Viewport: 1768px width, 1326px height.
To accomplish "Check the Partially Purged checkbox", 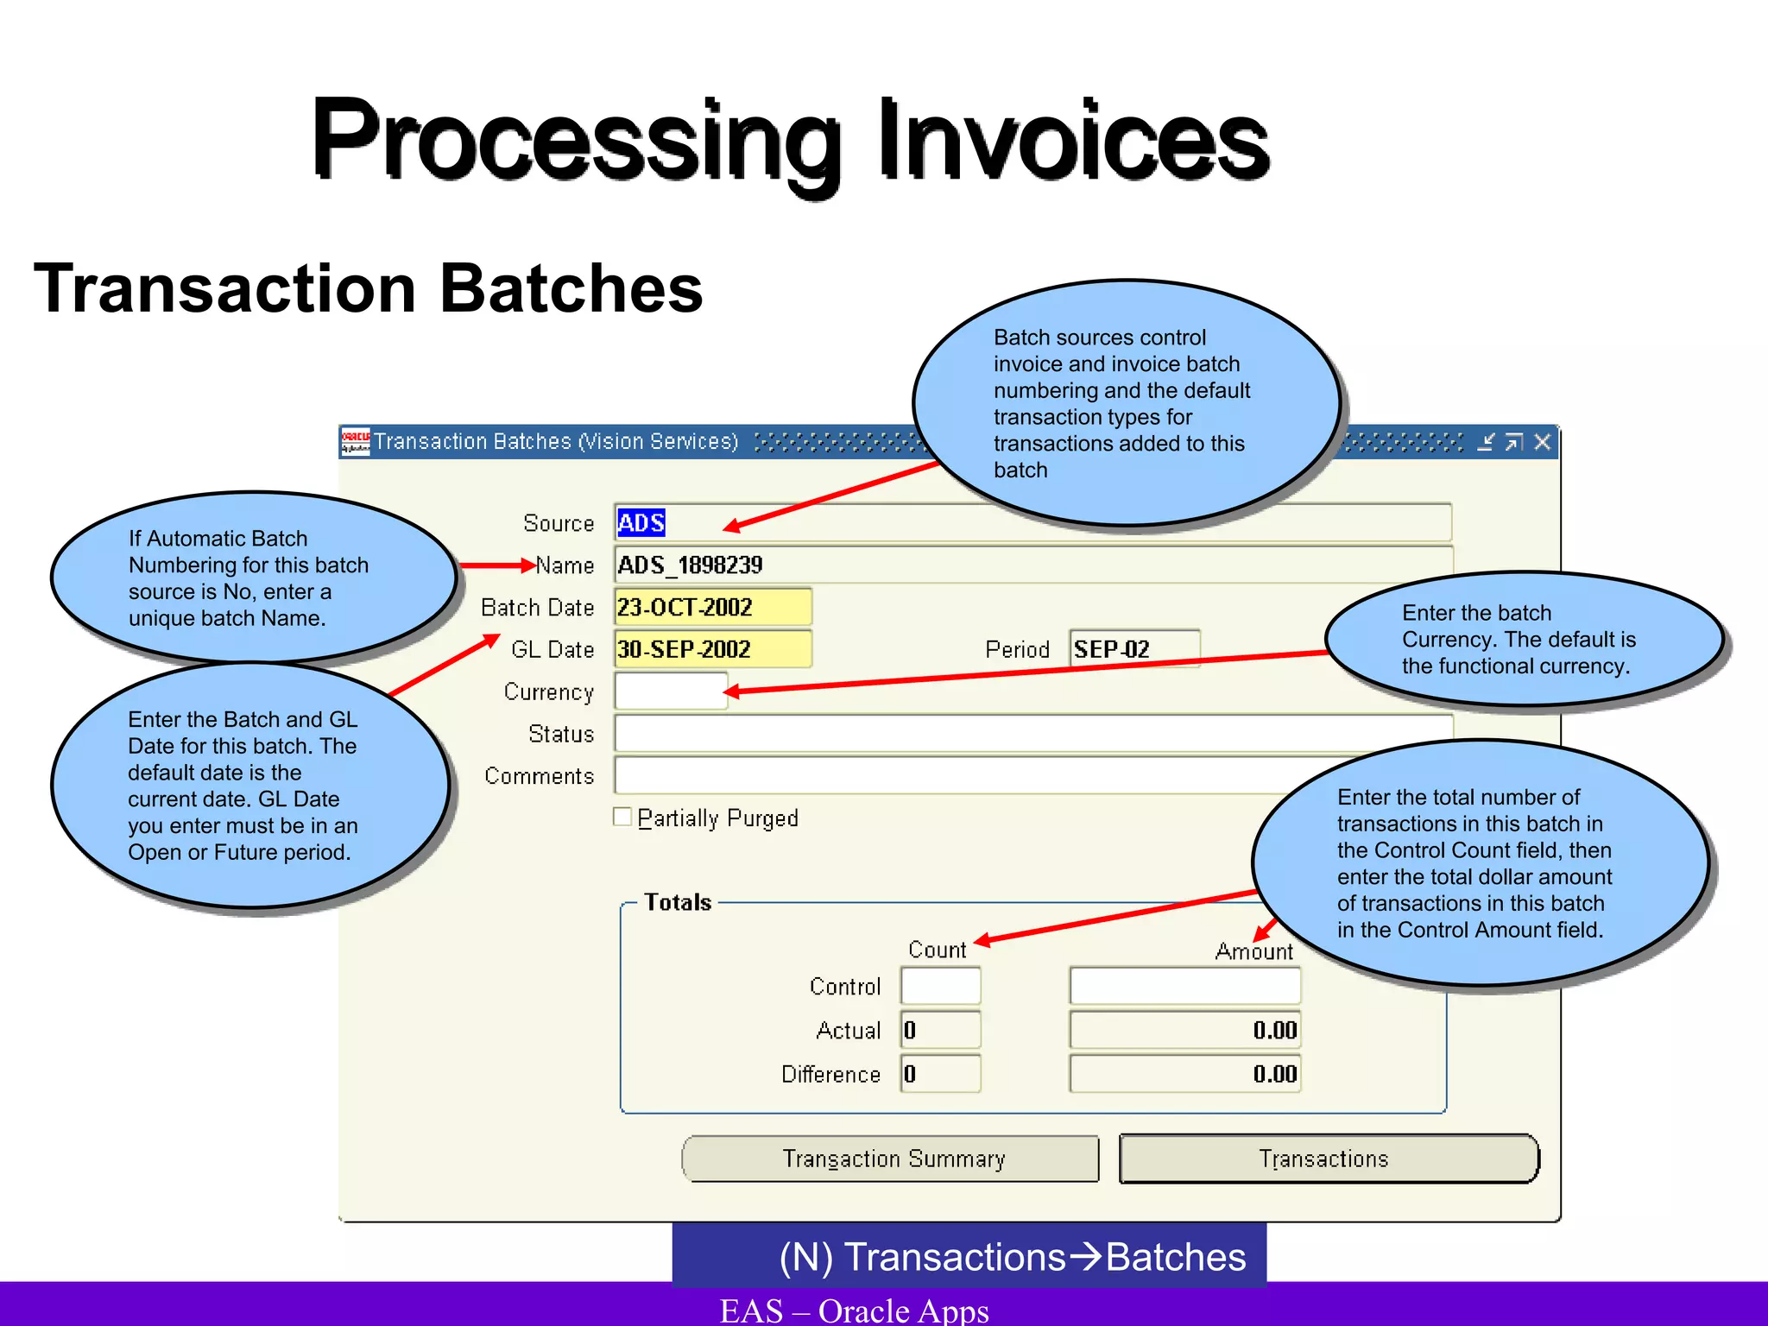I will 622,817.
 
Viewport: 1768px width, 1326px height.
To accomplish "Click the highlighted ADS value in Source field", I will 641,523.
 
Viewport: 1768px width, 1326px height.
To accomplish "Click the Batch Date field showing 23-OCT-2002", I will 712,607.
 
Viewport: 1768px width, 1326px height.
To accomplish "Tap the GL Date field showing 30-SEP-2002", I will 712,649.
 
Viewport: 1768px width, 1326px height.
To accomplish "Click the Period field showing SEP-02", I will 1133,648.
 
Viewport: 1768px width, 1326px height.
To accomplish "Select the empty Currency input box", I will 670,691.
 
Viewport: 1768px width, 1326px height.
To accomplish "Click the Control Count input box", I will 940,986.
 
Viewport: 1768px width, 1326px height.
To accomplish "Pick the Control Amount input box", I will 1184,986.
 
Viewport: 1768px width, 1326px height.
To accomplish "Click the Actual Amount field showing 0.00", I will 1184,1030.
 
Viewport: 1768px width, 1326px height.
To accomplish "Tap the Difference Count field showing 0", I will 940,1074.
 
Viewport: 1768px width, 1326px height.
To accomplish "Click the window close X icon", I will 1542,442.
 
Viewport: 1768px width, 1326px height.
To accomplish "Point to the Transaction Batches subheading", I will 369,288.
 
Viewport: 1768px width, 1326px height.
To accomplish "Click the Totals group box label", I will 678,902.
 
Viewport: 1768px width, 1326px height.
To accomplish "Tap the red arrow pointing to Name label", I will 497,565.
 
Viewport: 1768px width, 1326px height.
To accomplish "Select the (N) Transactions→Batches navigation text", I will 1012,1257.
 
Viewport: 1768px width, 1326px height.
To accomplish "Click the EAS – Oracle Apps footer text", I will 854,1310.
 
